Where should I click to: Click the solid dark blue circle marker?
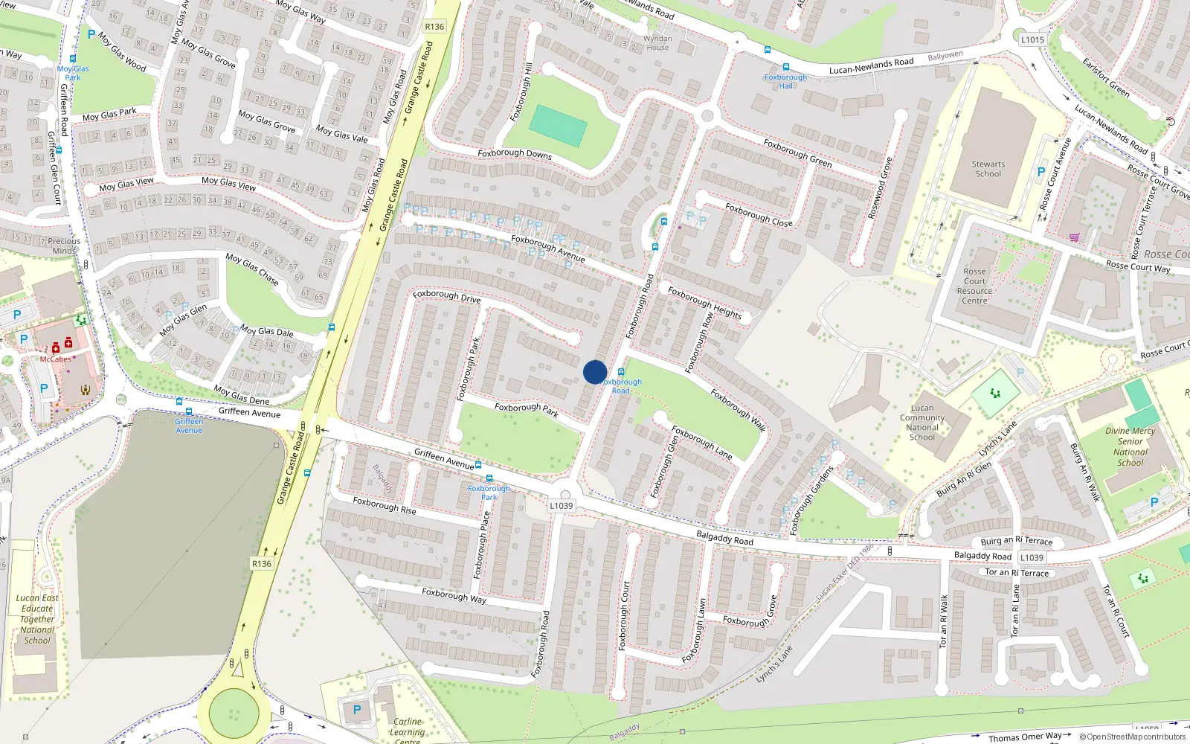tap(595, 372)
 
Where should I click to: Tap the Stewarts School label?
tap(988, 169)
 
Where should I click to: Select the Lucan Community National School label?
tap(922, 423)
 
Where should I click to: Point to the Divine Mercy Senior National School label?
tap(1130, 446)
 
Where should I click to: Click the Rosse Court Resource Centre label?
tap(974, 286)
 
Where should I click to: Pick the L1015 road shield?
tap(1032, 39)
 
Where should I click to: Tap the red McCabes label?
tap(56, 359)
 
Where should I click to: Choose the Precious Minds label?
tap(64, 246)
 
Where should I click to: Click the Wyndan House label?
tap(657, 43)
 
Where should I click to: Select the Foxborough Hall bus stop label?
tap(785, 81)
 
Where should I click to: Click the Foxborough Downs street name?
tap(515, 153)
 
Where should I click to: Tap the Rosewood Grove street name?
tap(879, 187)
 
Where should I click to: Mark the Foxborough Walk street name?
tap(738, 410)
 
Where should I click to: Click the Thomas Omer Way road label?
tap(1025, 737)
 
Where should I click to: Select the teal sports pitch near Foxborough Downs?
tap(559, 125)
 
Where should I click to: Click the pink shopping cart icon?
tap(1074, 238)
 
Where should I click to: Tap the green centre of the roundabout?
tap(234, 713)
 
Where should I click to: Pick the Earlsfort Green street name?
tap(1106, 77)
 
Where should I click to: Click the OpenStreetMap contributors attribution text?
tap(1132, 737)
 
